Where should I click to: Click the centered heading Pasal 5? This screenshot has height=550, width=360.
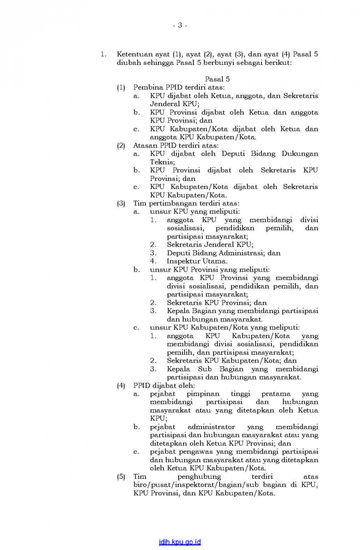(x=217, y=79)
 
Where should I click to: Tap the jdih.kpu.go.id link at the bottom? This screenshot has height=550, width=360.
(x=180, y=542)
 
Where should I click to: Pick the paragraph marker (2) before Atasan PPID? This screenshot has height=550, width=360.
(x=121, y=145)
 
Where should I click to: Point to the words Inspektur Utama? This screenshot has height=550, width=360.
(x=197, y=261)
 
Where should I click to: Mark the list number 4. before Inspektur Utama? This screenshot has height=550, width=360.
(x=153, y=261)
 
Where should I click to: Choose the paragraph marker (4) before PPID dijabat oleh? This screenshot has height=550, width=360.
(x=121, y=386)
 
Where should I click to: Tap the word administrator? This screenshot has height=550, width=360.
(x=211, y=427)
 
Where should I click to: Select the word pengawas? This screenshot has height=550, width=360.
(x=196, y=451)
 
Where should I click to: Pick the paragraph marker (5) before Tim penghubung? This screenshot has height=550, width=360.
(x=121, y=477)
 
